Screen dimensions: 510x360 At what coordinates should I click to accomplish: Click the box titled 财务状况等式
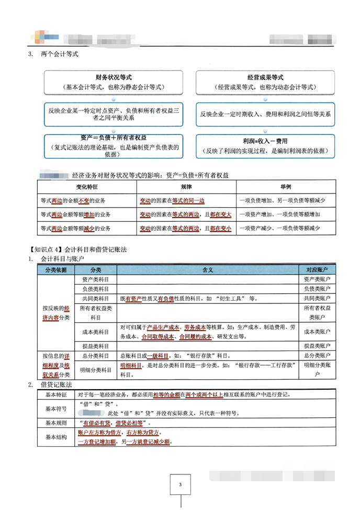pyautogui.click(x=114, y=81)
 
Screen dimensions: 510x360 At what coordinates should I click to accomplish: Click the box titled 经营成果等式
pyautogui.click(x=265, y=81)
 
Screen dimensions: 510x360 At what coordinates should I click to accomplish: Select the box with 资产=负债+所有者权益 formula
pyautogui.click(x=114, y=146)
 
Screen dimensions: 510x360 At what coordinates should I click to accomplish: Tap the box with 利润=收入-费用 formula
pyautogui.click(x=265, y=146)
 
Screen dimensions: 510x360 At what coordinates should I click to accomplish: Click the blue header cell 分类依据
pyautogui.click(x=56, y=269)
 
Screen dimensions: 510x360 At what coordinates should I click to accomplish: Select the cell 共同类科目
pyautogui.click(x=96, y=299)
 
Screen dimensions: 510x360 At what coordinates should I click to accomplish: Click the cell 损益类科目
pyautogui.click(x=96, y=346)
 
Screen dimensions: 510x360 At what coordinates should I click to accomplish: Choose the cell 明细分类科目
pyautogui.click(x=96, y=370)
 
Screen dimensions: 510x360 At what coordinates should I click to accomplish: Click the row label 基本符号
pyautogui.click(x=56, y=408)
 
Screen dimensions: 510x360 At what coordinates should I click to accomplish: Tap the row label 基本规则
pyautogui.click(x=56, y=423)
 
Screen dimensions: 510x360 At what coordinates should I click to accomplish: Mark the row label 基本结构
pyautogui.click(x=56, y=437)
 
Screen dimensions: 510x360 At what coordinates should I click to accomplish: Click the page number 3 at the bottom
pyautogui.click(x=180, y=485)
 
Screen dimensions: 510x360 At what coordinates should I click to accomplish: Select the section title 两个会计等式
pyautogui.click(x=59, y=54)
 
